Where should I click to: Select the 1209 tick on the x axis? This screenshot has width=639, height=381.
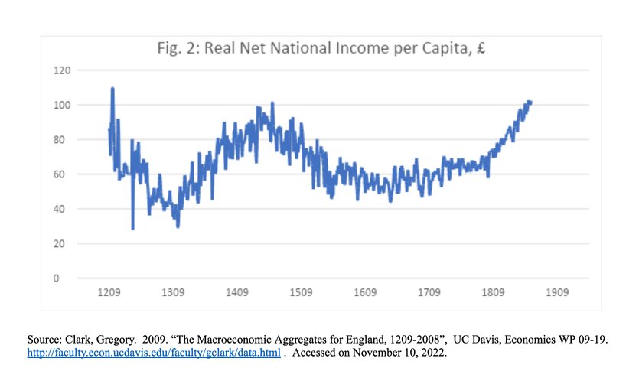tap(109, 292)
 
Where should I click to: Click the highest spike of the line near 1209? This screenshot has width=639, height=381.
tap(112, 90)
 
